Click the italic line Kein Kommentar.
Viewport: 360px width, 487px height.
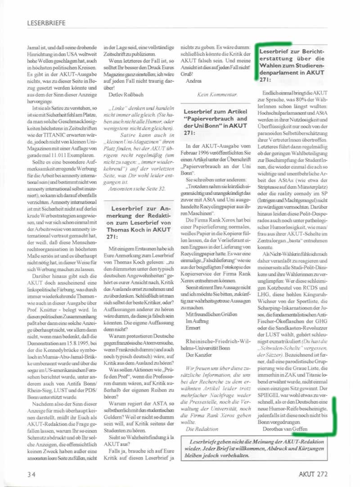(217, 95)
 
